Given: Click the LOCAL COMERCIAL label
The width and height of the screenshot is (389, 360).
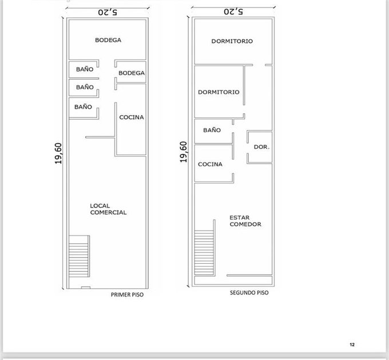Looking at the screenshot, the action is point(108,209).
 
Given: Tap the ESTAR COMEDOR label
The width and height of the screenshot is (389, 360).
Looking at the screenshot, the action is point(245,221).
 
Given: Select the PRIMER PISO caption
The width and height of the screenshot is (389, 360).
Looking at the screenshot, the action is point(127,295).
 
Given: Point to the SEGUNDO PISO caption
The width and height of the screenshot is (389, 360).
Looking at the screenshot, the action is point(249,292).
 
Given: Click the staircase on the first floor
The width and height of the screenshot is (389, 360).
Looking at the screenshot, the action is point(79,256).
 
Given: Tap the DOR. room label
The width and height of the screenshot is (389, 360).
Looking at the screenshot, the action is point(261,147).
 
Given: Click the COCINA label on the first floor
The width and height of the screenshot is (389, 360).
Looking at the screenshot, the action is point(132,117).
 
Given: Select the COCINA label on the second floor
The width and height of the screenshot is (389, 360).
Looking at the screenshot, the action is point(210,164).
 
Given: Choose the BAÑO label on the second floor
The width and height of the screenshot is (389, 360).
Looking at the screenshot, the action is point(212,130).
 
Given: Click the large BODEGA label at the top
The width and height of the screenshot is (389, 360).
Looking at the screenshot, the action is point(108,40).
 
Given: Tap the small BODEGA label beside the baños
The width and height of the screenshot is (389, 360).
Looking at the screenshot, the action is point(132,73).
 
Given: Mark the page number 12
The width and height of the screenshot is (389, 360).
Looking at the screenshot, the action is point(352,345).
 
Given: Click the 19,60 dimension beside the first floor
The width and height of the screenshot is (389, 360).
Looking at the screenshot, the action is point(58,153).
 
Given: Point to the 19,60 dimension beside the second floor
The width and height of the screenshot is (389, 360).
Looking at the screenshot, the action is point(183,152).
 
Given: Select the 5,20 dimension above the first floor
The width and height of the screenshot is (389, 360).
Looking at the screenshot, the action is point(108,12).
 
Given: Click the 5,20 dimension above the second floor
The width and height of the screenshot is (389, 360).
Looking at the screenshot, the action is point(233,11).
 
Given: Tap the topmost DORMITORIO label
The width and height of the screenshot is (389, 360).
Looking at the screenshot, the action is point(232,41).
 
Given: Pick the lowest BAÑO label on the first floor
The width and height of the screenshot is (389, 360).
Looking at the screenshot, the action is point(83,107).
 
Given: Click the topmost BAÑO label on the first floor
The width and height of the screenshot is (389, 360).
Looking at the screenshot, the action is point(85,69).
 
